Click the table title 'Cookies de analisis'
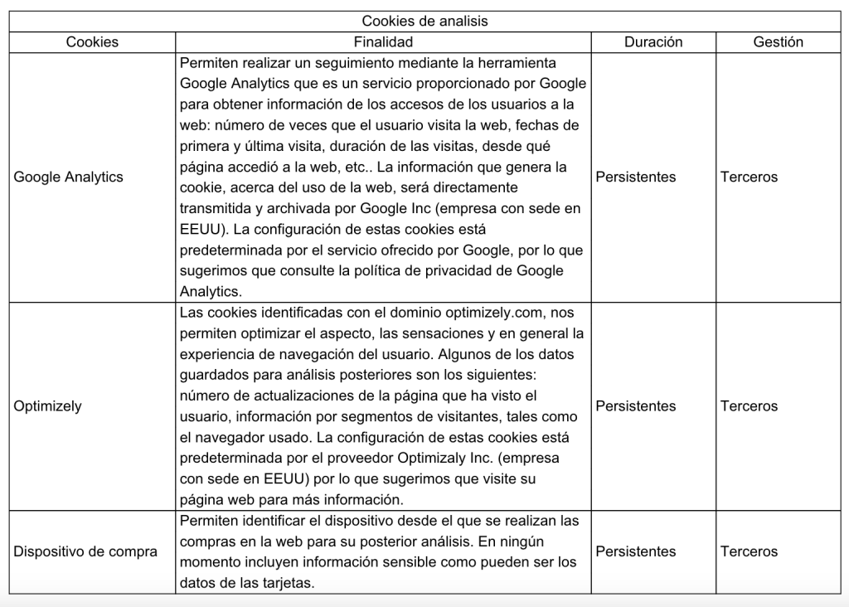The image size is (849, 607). [x=424, y=21]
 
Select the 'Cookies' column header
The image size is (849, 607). [x=92, y=41]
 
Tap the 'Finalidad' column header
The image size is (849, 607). [x=383, y=41]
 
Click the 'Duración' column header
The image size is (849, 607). [x=654, y=41]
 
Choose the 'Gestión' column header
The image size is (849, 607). [x=778, y=41]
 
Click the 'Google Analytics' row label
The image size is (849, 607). [x=68, y=177]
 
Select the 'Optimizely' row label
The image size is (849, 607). [x=47, y=406]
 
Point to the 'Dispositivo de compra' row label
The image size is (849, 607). [x=85, y=551]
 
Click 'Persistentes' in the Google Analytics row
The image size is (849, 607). [x=635, y=177]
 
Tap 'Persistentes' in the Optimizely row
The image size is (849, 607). [x=635, y=406]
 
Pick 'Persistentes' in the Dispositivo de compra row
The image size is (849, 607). [x=635, y=551]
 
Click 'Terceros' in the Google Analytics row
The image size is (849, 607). [x=750, y=177]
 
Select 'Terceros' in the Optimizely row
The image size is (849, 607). [x=750, y=406]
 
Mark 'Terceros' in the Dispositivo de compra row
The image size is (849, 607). [x=750, y=551]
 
